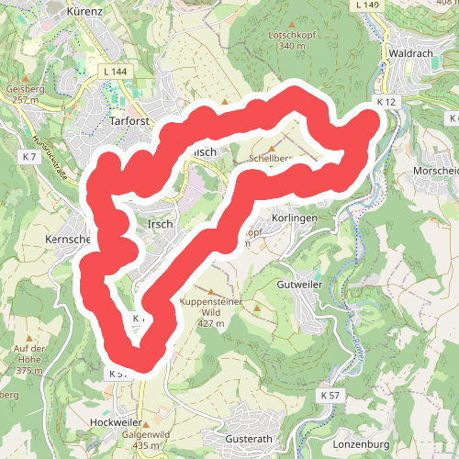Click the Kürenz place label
(x=90, y=12)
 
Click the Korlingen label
(x=295, y=218)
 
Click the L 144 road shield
(x=117, y=71)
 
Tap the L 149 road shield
(x=368, y=6)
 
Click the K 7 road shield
(x=29, y=157)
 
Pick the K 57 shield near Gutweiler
(x=330, y=394)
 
